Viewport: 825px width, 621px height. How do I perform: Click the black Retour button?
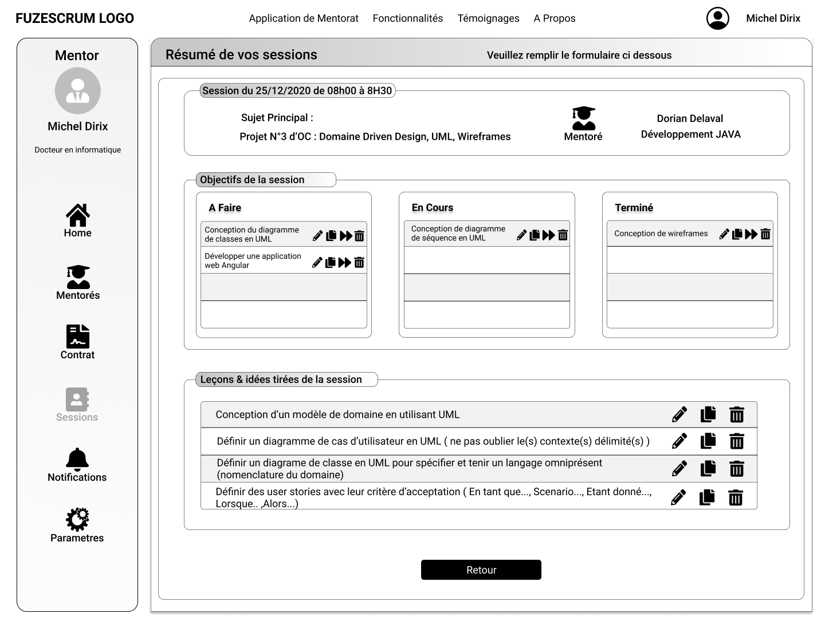[481, 569]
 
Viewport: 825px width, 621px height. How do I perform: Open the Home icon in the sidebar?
[77, 215]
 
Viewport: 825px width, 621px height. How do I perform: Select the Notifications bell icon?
[77, 458]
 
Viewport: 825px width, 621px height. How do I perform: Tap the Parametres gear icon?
[77, 519]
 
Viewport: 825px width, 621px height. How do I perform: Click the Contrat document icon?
[78, 337]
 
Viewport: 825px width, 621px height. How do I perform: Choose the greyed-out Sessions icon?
[77, 399]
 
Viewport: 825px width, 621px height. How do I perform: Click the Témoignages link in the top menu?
[488, 18]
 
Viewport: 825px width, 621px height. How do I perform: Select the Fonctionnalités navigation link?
[407, 18]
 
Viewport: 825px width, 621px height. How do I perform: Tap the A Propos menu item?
[554, 18]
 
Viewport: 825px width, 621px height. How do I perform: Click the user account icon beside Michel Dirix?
[717, 18]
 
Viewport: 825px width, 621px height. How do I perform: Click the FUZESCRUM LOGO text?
[74, 18]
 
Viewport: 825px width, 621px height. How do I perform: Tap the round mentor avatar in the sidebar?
[78, 90]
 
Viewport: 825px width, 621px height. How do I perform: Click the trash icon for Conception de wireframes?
[765, 234]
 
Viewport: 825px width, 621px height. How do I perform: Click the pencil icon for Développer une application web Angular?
[317, 263]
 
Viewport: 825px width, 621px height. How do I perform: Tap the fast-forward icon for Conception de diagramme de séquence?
[548, 235]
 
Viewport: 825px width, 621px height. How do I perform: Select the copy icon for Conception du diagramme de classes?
[331, 236]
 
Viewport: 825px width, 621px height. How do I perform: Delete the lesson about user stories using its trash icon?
[736, 498]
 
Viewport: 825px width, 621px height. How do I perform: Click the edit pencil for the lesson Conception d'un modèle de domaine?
[679, 414]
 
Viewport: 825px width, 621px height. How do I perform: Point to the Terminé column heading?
[634, 208]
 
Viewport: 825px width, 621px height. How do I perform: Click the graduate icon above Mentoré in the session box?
[583, 118]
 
